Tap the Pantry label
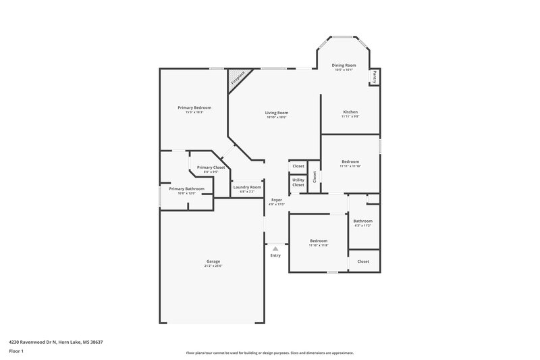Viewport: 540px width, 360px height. (373, 77)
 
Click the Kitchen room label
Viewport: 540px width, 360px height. (350, 111)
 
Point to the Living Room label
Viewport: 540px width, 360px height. (276, 113)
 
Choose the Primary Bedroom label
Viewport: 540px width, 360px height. (194, 107)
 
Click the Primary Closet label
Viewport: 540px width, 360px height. (211, 167)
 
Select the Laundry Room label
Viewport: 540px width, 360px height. (246, 187)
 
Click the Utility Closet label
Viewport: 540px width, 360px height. (298, 182)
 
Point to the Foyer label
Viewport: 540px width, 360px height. (277, 200)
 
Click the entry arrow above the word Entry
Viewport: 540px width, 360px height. (275, 249)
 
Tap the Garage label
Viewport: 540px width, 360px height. (213, 261)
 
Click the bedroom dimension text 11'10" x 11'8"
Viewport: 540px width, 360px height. (319, 245)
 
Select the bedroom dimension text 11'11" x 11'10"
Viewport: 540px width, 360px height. (350, 166)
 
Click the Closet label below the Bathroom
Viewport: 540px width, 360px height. (363, 261)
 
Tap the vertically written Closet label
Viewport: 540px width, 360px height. (315, 176)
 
